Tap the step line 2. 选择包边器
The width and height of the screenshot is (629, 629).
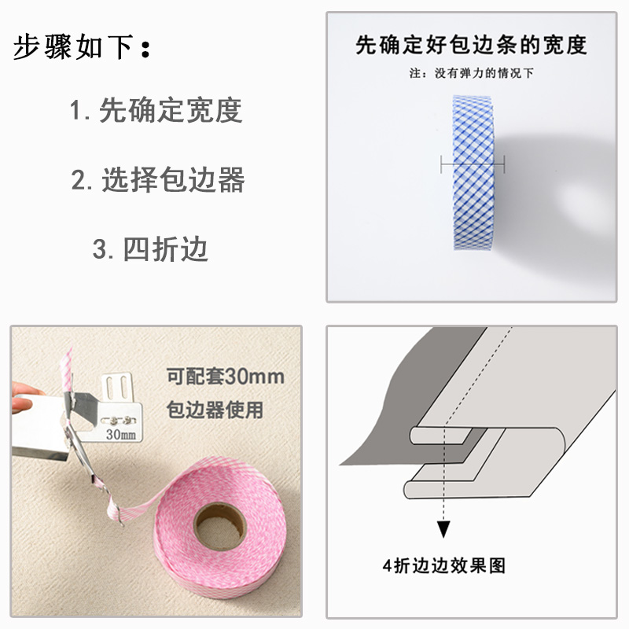[158, 181]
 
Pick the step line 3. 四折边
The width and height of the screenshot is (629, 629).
[150, 250]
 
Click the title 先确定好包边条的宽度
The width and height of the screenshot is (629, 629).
[471, 45]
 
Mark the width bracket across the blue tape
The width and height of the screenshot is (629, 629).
[473, 164]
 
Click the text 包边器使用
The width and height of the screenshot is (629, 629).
[216, 410]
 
